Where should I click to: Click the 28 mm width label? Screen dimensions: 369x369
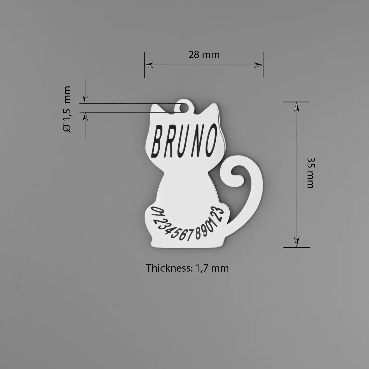204,55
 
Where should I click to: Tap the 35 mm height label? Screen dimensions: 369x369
311,173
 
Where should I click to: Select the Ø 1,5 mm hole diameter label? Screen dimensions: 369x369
67,109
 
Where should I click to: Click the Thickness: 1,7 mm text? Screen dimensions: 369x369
187,268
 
